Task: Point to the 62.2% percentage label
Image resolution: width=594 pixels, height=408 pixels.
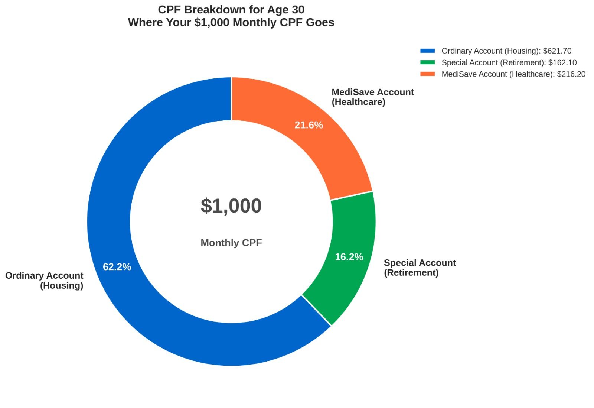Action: pos(117,267)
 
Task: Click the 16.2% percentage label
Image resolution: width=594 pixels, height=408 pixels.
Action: pos(349,257)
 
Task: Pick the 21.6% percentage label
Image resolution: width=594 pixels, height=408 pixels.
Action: pos(309,125)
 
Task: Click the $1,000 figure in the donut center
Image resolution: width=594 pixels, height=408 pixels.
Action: pos(231,206)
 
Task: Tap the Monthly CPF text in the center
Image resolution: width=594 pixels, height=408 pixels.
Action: pos(231,243)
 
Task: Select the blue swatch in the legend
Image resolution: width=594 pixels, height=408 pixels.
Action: pos(427,51)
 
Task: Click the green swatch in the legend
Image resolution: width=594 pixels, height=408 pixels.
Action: pos(427,62)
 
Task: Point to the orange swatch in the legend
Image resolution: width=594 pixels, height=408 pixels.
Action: pos(427,74)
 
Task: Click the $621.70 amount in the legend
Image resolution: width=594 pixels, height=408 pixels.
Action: pos(557,51)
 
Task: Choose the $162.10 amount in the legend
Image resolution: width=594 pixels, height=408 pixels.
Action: pos(562,62)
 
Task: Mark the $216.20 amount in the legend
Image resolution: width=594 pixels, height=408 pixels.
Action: pos(571,74)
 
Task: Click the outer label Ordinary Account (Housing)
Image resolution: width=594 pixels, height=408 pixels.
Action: pos(45,281)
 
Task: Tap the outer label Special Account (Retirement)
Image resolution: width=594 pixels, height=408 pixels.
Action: pos(420,268)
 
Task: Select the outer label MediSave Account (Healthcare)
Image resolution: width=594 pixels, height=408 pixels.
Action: pos(372,97)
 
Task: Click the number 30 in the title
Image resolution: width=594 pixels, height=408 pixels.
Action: pos(298,9)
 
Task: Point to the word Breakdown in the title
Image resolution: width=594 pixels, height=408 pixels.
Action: pos(211,9)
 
